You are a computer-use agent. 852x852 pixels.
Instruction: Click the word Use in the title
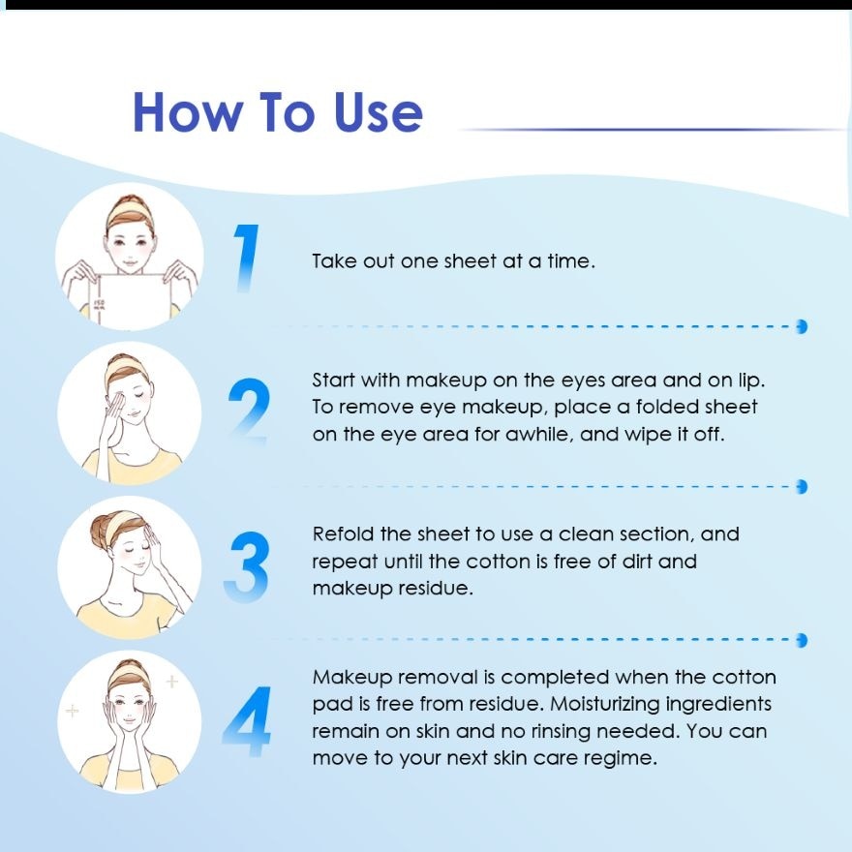tap(379, 112)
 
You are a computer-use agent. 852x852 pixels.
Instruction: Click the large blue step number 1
tap(246, 259)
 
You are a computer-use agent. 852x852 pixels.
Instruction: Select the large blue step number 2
tap(249, 411)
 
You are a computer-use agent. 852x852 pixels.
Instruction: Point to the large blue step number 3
tap(247, 566)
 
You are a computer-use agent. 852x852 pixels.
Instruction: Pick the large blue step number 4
tap(247, 721)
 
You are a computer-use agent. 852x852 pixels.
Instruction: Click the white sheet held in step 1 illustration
tap(131, 300)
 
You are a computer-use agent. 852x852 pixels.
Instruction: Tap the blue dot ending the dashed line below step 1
tap(802, 326)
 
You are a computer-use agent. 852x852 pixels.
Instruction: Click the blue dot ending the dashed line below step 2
tap(802, 486)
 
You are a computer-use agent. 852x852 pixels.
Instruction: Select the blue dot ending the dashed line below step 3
tap(802, 640)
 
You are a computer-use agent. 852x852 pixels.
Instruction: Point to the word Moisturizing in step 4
tap(604, 704)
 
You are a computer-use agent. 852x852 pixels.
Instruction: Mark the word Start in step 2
tap(333, 380)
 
